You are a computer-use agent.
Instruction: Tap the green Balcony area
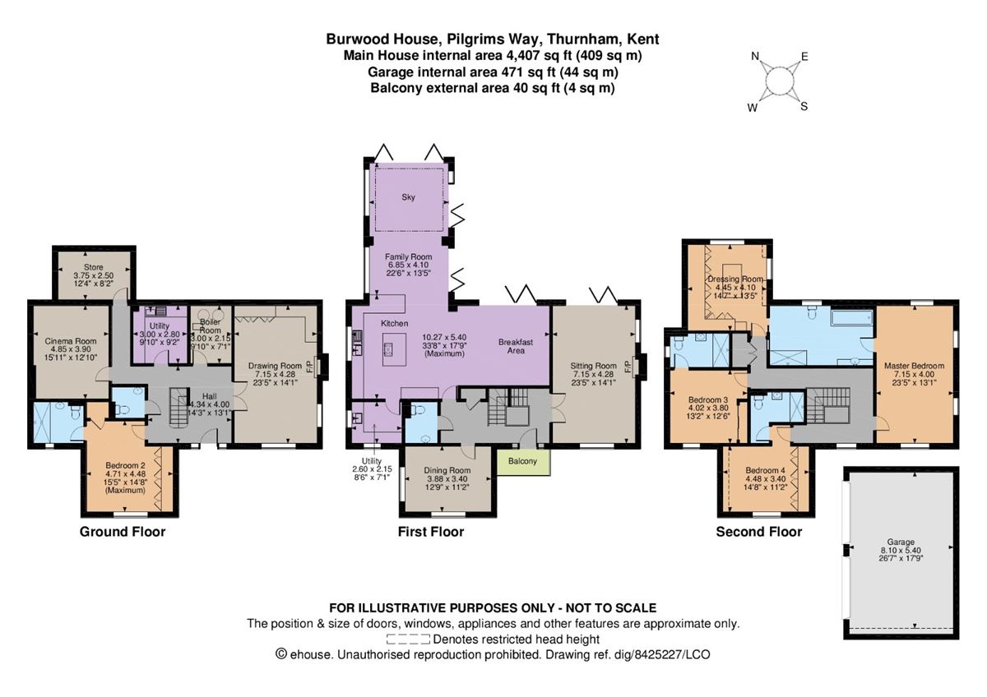523,461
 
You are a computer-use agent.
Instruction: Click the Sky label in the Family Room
409,197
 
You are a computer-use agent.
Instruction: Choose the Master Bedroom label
914,365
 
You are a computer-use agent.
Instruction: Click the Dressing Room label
730,279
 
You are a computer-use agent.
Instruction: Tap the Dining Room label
447,470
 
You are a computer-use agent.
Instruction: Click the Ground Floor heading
122,532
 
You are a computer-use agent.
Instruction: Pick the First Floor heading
430,532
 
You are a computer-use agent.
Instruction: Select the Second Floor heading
758,532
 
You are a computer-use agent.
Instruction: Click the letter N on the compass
754,57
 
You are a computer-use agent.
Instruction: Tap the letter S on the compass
804,105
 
